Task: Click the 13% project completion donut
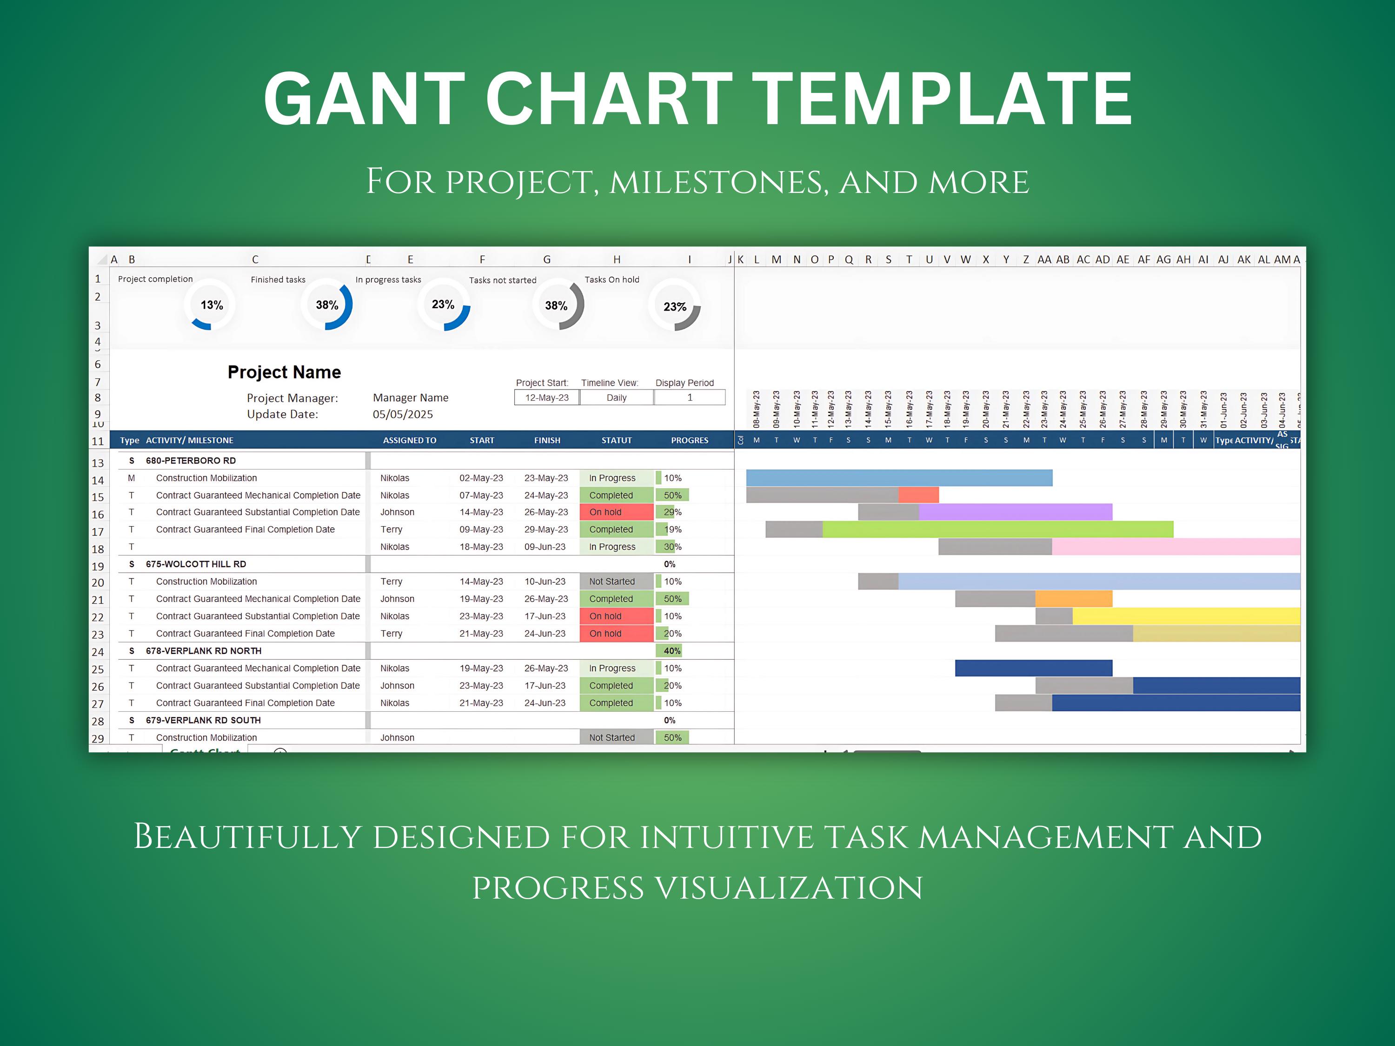pos(211,305)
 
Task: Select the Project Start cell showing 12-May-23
pos(547,398)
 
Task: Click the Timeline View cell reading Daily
pos(616,398)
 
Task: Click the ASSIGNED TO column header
pos(409,440)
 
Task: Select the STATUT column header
pos(616,440)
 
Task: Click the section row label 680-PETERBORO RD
pos(191,461)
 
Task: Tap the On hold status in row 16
pos(616,512)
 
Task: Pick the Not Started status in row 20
pos(616,581)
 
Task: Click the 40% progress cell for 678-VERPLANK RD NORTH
pos(671,651)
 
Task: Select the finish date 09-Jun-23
pos(545,547)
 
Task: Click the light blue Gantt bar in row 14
pos(899,478)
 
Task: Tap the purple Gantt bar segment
pos(1016,512)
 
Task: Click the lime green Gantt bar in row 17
pos(996,530)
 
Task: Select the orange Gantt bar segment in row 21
pos(1073,599)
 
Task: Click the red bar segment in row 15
pos(918,495)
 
